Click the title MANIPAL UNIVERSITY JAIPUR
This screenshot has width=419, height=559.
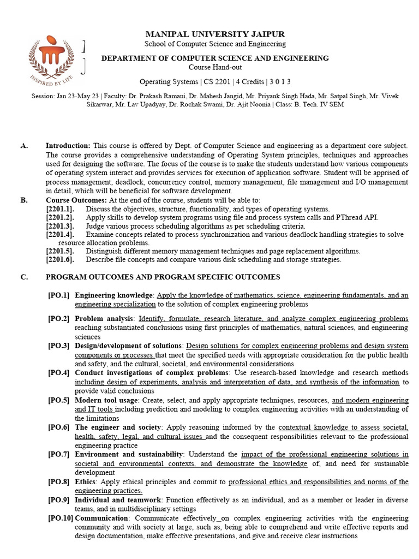[x=214, y=34]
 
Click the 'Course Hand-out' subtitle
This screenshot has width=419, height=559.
[x=214, y=67]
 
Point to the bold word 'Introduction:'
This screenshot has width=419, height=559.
[x=68, y=146]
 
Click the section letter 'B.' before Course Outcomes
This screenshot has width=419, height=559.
[x=25, y=200]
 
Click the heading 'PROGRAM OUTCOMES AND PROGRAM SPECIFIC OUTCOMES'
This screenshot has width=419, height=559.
[x=163, y=277]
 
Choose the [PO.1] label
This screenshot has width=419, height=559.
[x=58, y=295]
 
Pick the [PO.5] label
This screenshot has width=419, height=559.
[x=58, y=400]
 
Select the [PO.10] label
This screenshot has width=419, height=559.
[x=60, y=518]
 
